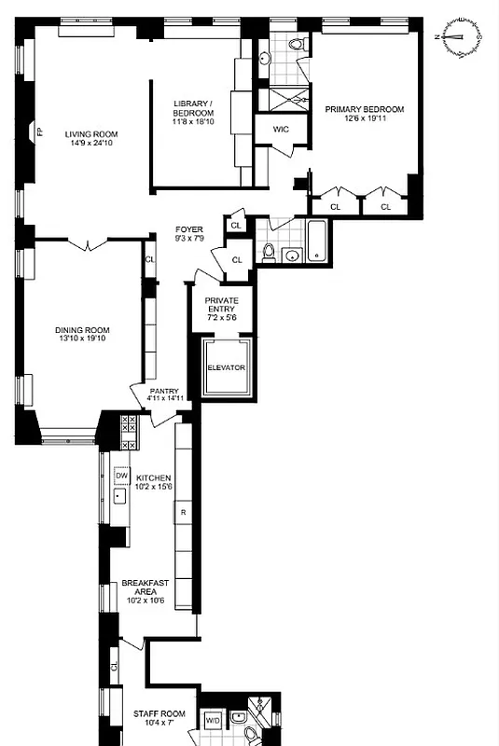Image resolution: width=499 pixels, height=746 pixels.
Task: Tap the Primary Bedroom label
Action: pyautogui.click(x=365, y=108)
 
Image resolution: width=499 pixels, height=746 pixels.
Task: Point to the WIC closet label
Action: pyautogui.click(x=281, y=129)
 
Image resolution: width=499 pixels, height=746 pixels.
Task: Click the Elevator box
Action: pyautogui.click(x=226, y=367)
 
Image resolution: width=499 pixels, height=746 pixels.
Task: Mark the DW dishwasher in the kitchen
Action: pyautogui.click(x=120, y=476)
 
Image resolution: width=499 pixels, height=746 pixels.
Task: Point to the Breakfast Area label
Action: pyautogui.click(x=145, y=584)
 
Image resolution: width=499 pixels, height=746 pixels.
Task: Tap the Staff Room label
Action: pyautogui.click(x=160, y=714)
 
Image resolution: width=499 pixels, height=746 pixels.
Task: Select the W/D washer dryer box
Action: pyautogui.click(x=213, y=720)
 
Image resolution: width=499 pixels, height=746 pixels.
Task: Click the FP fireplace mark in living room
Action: pyautogui.click(x=38, y=132)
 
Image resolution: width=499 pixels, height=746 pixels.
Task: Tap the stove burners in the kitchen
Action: pyautogui.click(x=129, y=431)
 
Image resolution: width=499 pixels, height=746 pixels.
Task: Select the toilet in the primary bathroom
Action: pyautogui.click(x=296, y=44)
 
